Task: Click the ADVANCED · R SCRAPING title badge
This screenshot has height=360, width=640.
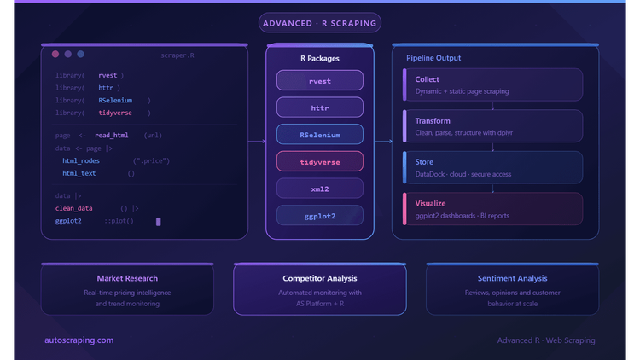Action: (320, 23)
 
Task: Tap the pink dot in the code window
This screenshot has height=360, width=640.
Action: (55, 54)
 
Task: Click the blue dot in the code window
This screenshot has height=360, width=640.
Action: (81, 54)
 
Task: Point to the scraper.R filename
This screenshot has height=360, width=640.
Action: (177, 55)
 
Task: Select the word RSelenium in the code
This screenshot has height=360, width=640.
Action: (115, 100)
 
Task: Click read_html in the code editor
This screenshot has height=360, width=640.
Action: (112, 135)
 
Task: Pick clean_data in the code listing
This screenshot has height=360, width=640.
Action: (74, 208)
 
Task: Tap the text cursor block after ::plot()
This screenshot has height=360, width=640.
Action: (159, 222)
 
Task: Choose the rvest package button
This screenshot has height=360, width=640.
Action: (320, 80)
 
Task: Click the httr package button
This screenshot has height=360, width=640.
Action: (320, 107)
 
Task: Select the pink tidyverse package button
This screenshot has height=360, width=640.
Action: (320, 161)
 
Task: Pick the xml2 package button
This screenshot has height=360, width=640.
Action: (320, 189)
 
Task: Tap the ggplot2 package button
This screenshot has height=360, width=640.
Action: (320, 215)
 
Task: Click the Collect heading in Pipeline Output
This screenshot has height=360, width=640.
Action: (427, 79)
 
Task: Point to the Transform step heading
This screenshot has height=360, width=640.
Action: (433, 121)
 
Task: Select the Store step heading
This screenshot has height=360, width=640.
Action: (424, 161)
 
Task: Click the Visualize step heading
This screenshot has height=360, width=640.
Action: (430, 203)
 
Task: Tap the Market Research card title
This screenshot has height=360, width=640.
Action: (127, 278)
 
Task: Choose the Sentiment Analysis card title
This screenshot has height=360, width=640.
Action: (512, 278)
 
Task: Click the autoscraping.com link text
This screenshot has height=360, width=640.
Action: (79, 340)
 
